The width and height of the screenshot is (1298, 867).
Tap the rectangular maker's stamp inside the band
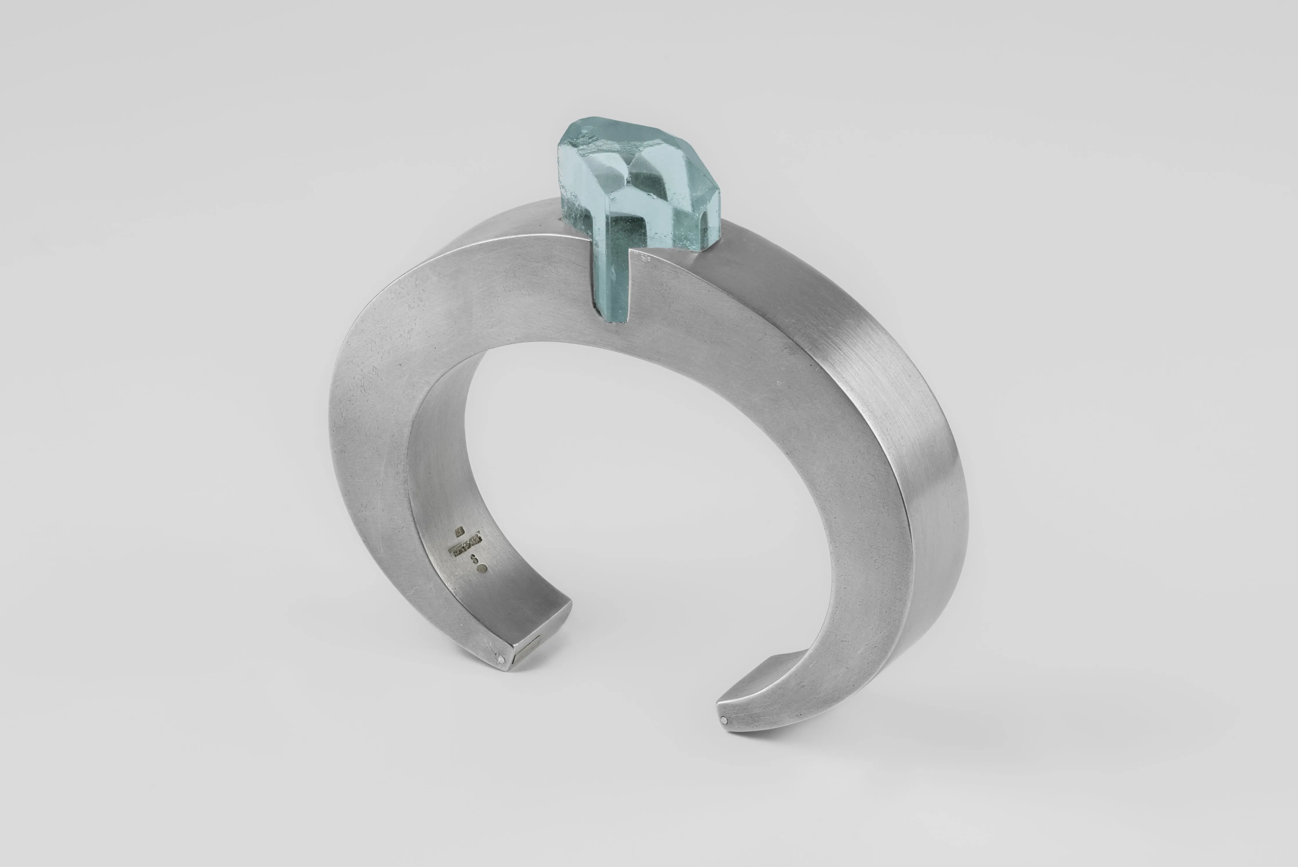tap(466, 549)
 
